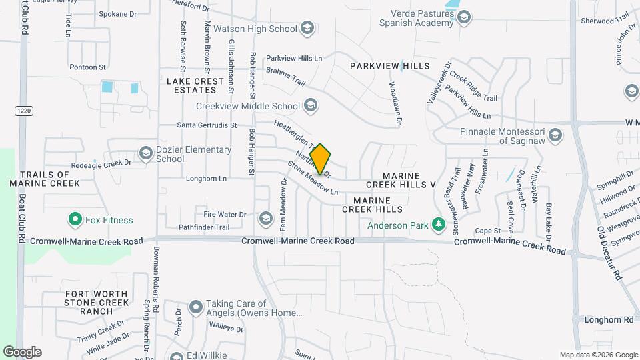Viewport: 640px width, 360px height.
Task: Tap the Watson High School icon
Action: click(x=307, y=29)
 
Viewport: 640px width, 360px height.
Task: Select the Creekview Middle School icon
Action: click(x=310, y=105)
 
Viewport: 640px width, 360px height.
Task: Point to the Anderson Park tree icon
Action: click(x=438, y=225)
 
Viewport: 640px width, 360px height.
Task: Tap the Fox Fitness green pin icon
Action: click(x=75, y=219)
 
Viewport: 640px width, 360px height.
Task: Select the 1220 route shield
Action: click(x=22, y=110)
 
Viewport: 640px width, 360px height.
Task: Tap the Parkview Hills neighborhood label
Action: click(x=390, y=66)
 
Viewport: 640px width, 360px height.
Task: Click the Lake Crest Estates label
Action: click(x=195, y=85)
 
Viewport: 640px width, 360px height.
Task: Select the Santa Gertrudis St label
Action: click(x=207, y=125)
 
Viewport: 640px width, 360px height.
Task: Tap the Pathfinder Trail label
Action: click(x=197, y=227)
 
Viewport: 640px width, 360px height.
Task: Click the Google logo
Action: click(x=21, y=352)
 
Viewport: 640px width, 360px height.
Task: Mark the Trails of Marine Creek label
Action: click(x=45, y=178)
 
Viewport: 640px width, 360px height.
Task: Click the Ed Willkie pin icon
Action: click(x=176, y=355)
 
